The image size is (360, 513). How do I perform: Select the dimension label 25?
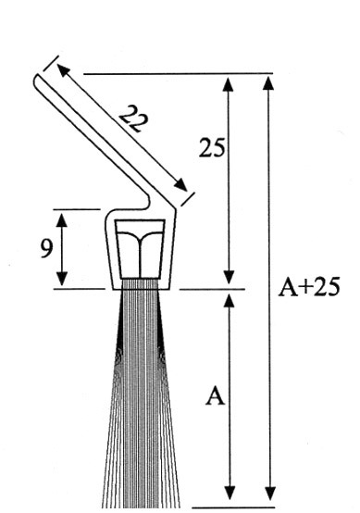[x=212, y=147]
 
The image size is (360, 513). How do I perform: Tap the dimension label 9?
[x=46, y=248]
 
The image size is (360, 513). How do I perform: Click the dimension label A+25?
[x=309, y=287]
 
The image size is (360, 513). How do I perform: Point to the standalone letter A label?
[x=215, y=395]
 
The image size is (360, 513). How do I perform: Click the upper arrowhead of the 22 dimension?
[x=64, y=71]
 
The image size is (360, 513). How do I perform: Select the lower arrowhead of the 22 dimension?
[x=180, y=185]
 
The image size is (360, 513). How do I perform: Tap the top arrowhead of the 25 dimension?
[x=229, y=84]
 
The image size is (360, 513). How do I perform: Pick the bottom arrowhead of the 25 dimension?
[x=230, y=278]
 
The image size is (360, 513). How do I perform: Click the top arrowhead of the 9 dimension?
[x=62, y=219]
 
